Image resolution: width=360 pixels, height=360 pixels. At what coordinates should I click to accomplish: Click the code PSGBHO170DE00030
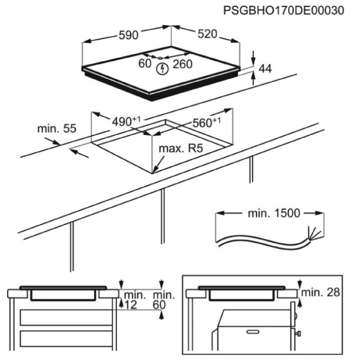[284, 11]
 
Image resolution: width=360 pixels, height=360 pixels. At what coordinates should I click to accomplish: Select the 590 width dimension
[128, 35]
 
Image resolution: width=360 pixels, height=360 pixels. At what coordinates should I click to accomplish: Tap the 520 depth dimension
[208, 34]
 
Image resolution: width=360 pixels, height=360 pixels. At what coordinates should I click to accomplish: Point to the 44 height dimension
[265, 68]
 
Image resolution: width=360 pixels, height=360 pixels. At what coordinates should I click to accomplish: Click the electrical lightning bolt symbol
[163, 69]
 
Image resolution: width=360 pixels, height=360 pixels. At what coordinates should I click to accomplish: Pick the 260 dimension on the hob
[182, 64]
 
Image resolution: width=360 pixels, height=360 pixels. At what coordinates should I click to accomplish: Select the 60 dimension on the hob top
[145, 64]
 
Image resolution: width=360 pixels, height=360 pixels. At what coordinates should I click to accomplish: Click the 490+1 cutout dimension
[126, 121]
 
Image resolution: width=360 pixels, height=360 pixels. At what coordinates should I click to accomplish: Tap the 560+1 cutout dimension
[206, 122]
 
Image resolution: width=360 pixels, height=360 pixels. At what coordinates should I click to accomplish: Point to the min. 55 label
[57, 129]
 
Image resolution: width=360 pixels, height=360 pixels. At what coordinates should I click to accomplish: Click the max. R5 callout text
[181, 149]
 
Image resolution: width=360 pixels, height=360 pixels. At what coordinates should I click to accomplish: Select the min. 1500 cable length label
[274, 213]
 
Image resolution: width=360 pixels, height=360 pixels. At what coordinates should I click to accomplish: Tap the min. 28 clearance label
[320, 292]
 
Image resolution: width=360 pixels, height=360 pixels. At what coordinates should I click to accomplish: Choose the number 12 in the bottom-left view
[131, 305]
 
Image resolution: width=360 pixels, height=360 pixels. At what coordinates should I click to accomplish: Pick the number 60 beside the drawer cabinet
[160, 305]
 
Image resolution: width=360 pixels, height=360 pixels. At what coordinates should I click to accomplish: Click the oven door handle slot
[253, 332]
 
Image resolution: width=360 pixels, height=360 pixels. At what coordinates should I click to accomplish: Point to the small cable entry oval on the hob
[160, 58]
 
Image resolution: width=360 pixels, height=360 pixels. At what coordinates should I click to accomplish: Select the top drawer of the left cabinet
[66, 317]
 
